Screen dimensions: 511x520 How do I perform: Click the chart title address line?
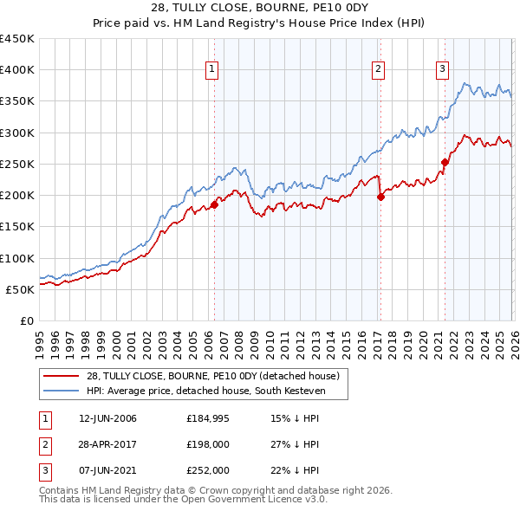(x=259, y=8)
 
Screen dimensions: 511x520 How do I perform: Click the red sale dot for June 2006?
(x=214, y=204)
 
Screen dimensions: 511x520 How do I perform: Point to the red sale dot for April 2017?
(x=380, y=197)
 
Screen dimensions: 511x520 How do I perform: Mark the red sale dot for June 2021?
(x=445, y=162)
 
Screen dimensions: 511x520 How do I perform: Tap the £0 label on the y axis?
(x=27, y=320)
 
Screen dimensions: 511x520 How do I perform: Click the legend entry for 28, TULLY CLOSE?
(x=217, y=376)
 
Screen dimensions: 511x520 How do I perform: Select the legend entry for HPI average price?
(x=205, y=391)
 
